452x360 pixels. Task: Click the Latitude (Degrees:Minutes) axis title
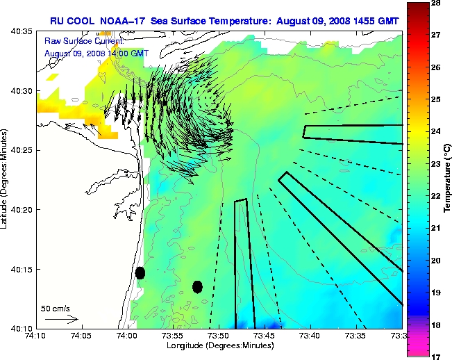(6, 179)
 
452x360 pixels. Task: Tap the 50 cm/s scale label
(55, 308)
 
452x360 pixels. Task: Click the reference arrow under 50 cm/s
(61, 319)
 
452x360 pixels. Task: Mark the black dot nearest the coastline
(140, 272)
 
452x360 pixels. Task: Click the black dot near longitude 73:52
(197, 286)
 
